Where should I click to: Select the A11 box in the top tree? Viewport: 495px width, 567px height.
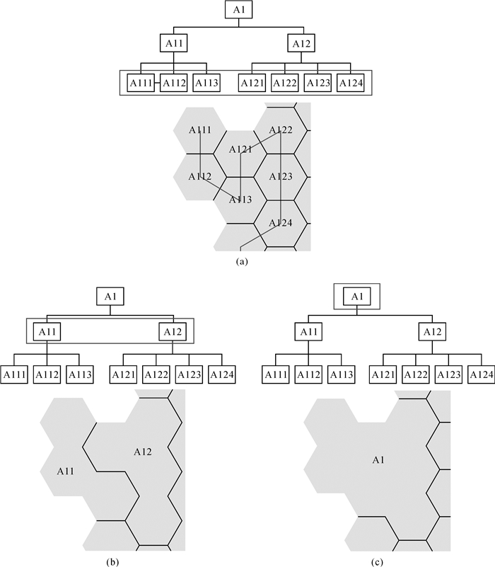point(174,45)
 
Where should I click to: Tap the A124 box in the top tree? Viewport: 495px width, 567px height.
point(351,84)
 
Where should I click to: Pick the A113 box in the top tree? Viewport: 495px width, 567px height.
point(207,84)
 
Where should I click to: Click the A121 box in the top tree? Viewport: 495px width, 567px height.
point(252,84)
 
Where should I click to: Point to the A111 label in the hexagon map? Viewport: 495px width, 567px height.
point(200,130)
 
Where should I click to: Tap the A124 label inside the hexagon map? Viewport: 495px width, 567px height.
point(281,223)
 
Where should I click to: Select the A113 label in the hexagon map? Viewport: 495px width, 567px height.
point(240,200)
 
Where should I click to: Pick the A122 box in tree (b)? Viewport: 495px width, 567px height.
point(156,373)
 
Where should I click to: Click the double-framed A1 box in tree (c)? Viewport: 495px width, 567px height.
point(357,297)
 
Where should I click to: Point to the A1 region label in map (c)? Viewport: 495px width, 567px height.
point(379,461)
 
